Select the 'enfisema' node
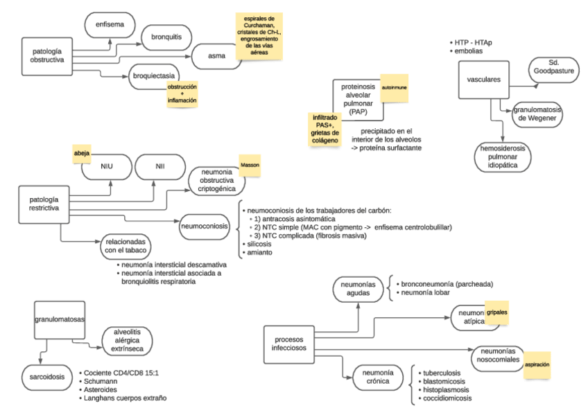tap(110, 26)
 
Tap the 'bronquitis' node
tap(166, 36)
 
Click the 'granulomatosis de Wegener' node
tap(537, 115)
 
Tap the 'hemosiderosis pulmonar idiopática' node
tap(501, 159)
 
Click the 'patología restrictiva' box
tap(42, 201)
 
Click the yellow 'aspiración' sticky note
tap(542, 362)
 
